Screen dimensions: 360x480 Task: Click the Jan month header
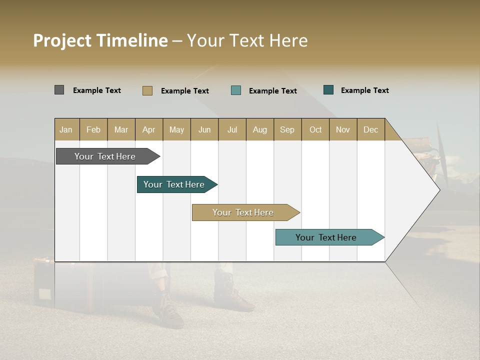click(x=66, y=129)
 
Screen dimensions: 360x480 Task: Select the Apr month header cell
click(x=148, y=129)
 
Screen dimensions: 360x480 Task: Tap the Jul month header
click(x=232, y=129)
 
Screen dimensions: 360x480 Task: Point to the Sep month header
click(x=287, y=129)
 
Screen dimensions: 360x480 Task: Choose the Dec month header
click(x=370, y=129)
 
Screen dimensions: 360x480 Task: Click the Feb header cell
click(x=93, y=129)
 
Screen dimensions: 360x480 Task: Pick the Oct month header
click(x=315, y=129)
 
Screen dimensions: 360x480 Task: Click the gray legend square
click(x=59, y=90)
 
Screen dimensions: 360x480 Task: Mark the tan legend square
click(x=147, y=90)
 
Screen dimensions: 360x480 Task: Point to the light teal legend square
click(x=236, y=90)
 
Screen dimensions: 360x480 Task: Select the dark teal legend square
click(x=328, y=90)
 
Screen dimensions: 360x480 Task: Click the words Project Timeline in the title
click(x=100, y=40)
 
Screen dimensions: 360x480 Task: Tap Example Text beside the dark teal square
click(x=364, y=90)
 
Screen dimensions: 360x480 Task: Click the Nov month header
click(x=342, y=129)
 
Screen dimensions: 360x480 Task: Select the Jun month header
click(x=204, y=129)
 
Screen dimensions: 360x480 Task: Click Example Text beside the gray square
click(x=96, y=90)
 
